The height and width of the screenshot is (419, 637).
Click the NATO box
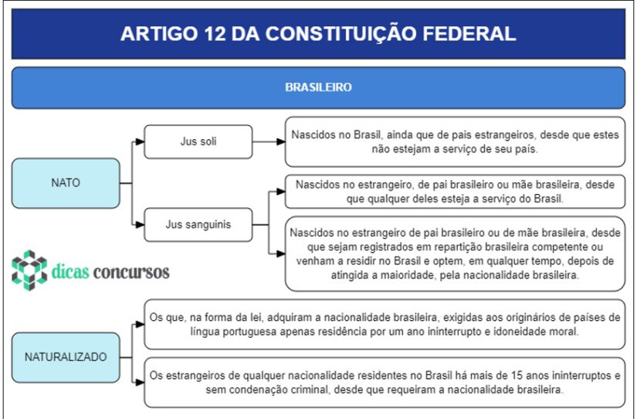(66, 183)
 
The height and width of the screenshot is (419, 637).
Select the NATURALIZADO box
(66, 357)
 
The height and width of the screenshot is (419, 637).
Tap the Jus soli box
(198, 141)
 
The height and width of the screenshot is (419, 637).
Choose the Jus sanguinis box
(198, 224)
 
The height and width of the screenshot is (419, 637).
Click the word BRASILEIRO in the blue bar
(318, 87)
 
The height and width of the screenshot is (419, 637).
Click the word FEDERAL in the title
(469, 33)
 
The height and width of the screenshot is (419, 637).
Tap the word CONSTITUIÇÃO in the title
(341, 32)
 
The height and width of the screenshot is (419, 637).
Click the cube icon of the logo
(29, 270)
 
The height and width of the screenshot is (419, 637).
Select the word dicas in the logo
(69, 271)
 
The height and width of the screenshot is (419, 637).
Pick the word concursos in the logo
(131, 272)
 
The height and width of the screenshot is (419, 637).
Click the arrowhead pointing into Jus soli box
(140, 141)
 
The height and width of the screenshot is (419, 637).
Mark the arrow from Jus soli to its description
(269, 141)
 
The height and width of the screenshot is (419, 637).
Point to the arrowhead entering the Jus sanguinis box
(140, 224)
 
